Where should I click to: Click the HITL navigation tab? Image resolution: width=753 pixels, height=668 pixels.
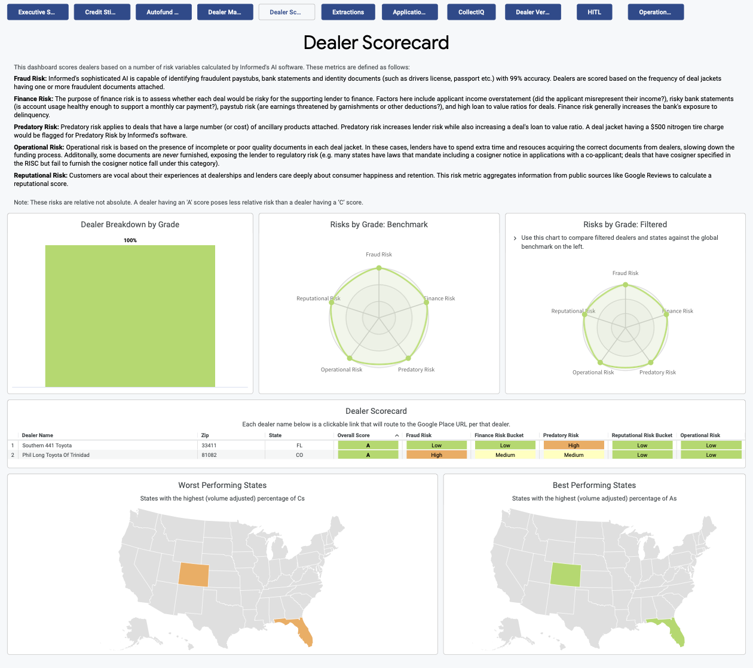[x=594, y=12]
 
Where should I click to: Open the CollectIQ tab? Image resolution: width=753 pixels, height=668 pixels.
[x=471, y=12]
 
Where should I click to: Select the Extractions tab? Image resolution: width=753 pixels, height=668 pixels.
[x=348, y=12]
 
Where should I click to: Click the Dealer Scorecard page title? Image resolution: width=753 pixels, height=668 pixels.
[x=376, y=42]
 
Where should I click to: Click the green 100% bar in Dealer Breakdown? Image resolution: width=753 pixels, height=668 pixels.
[x=130, y=316]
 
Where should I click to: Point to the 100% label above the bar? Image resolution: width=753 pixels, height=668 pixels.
[x=130, y=240]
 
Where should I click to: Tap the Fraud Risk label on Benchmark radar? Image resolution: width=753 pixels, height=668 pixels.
[x=379, y=255]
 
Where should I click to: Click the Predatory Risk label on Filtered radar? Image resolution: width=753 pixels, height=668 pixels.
[x=657, y=373]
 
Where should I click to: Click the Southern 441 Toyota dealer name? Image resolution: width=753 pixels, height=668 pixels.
[x=47, y=446]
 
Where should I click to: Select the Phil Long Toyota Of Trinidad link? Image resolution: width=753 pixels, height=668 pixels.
[x=56, y=455]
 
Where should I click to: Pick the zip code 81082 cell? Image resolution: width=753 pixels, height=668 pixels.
[x=209, y=455]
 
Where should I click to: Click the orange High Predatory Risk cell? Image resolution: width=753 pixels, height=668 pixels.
[x=574, y=446]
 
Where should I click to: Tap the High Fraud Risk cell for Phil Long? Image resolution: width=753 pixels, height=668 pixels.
[x=436, y=455]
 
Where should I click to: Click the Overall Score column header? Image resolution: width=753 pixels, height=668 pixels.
[x=354, y=435]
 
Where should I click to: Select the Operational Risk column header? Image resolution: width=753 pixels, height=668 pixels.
[x=700, y=435]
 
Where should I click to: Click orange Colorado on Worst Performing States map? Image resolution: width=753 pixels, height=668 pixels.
[x=194, y=575]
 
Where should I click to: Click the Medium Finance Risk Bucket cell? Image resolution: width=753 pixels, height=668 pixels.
[x=505, y=455]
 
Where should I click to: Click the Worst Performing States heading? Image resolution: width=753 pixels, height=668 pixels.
[x=222, y=485]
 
